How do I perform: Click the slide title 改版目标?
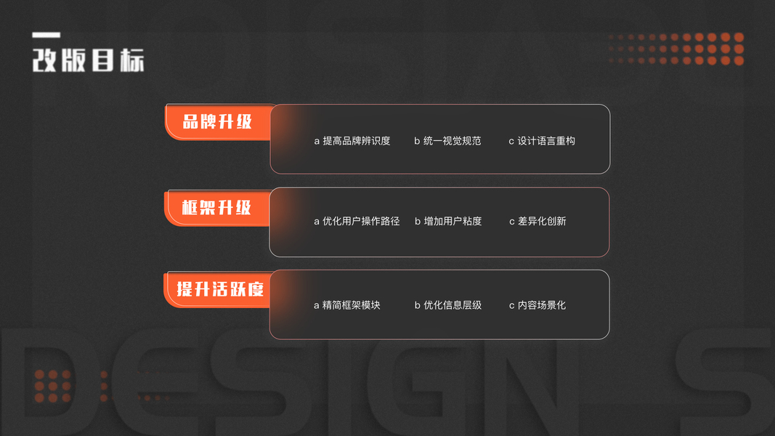pos(88,60)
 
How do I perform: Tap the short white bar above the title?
pos(46,35)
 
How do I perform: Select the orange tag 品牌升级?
pos(217,121)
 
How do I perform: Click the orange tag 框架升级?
pos(216,208)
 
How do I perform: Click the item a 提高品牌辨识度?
pos(352,141)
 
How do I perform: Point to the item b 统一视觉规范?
pos(447,141)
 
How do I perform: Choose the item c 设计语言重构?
pos(542,141)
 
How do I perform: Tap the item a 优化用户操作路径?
pos(357,221)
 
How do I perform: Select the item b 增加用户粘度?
pos(448,221)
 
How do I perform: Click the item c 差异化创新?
pos(537,221)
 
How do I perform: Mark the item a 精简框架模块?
pos(346,305)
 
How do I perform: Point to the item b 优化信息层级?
pos(448,305)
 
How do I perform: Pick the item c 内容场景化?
pos(537,305)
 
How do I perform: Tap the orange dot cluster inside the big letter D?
pos(53,386)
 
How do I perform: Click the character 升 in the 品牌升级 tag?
pos(226,121)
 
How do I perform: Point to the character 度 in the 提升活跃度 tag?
pos(253,288)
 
